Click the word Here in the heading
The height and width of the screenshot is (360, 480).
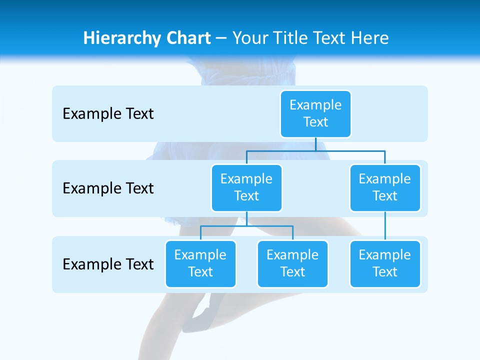point(369,38)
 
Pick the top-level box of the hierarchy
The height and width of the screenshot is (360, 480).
point(315,113)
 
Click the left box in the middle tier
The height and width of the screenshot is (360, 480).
point(246,187)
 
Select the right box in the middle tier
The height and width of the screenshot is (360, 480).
point(385,187)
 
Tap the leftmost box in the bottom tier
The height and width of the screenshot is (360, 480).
point(200,263)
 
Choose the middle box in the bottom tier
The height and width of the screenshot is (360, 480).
point(292,263)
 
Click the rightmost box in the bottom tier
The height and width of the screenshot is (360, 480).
point(385,263)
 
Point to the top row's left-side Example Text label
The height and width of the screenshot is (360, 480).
point(108,113)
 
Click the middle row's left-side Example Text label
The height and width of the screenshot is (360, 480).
point(108,188)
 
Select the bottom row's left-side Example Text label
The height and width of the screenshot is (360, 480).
point(108,264)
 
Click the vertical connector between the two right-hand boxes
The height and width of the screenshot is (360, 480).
point(385,226)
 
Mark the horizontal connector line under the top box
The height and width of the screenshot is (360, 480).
point(315,150)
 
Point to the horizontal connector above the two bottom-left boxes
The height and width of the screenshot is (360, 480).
point(246,226)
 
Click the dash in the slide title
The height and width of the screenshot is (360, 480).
point(221,38)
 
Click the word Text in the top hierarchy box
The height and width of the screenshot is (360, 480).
point(315,122)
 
